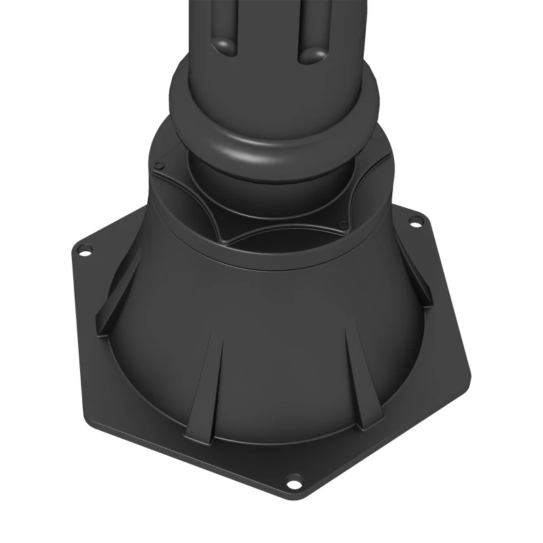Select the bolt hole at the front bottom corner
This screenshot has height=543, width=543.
[x=294, y=483]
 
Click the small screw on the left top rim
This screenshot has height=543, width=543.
[x=159, y=165]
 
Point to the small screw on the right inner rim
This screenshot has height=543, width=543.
[x=343, y=223]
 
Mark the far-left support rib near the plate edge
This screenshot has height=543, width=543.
[x=109, y=305]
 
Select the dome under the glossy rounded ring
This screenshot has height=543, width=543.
[x=271, y=187]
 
